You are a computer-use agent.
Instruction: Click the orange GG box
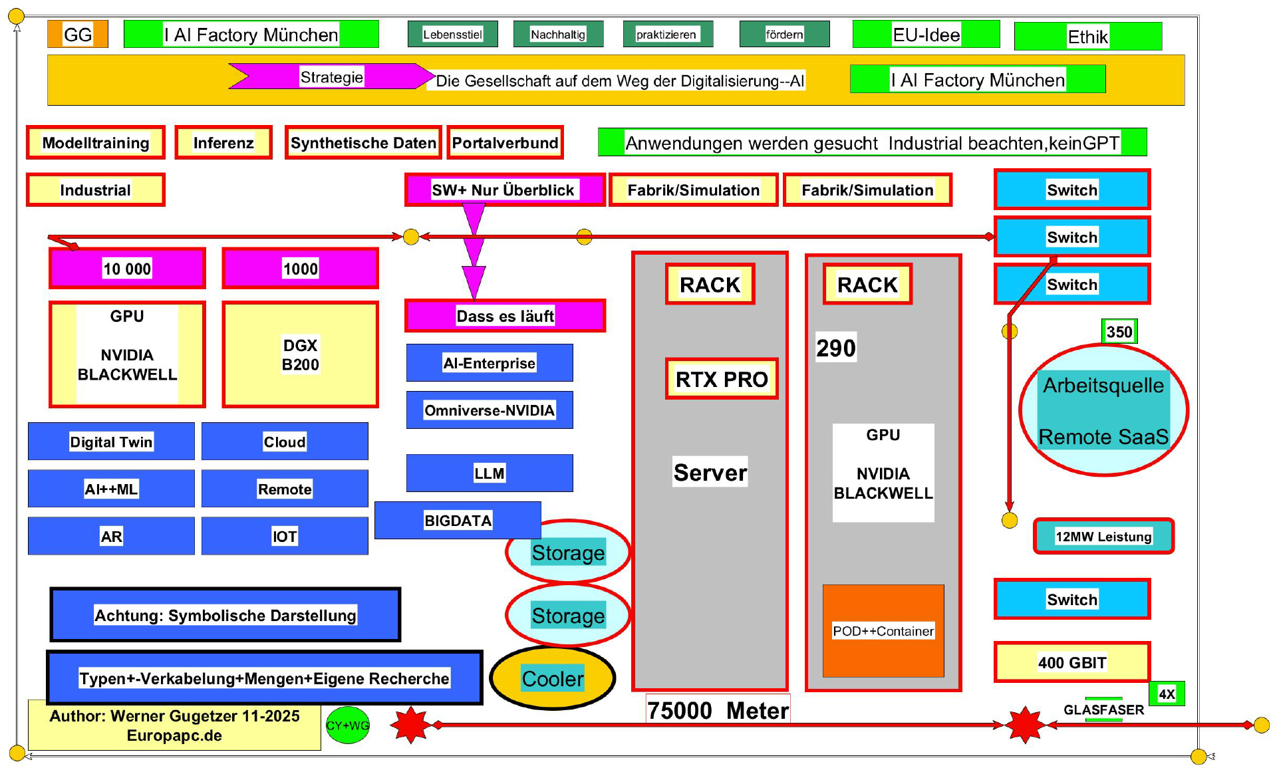[x=77, y=35]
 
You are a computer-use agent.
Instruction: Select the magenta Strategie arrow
[x=331, y=76]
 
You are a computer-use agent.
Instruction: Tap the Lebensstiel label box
[x=452, y=35]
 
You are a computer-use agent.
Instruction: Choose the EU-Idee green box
[x=926, y=35]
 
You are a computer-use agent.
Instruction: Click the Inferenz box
[x=223, y=143]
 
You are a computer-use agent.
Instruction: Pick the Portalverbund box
[x=505, y=143]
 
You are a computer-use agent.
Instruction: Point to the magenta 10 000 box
[x=127, y=269]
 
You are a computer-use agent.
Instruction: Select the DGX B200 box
[x=300, y=355]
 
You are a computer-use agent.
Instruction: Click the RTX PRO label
[x=722, y=379]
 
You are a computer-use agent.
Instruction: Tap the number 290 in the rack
[x=836, y=348]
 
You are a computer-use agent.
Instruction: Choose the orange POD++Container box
[x=883, y=631]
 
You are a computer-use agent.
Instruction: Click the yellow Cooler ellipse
[x=552, y=678]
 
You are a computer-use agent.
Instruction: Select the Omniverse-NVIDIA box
[x=489, y=410]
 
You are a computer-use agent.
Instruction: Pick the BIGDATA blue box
[x=458, y=521]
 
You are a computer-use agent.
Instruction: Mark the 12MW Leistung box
[x=1103, y=537]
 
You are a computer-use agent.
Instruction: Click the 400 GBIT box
[x=1072, y=662]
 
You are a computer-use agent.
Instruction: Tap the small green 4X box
[x=1167, y=694]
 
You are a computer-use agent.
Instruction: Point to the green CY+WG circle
[x=347, y=725]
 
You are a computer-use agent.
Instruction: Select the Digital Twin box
[x=111, y=442]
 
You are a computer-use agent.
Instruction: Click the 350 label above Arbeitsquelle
[x=1119, y=332]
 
